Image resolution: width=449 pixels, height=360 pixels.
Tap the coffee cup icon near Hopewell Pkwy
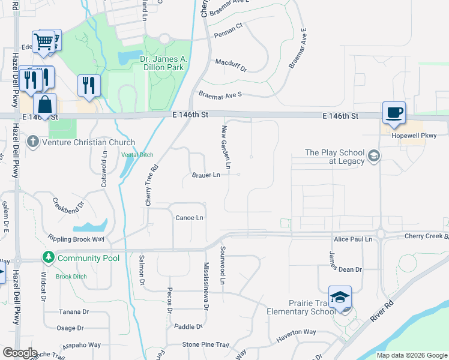[x=394, y=113]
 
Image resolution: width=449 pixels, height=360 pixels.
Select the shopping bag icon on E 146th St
[x=44, y=104]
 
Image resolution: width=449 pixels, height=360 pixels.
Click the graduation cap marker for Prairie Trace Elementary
[x=340, y=298]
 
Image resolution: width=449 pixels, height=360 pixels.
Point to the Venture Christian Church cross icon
[x=32, y=142]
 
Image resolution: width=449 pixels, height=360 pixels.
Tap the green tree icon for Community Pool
[x=48, y=258]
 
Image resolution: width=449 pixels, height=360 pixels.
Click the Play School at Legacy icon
[x=373, y=157]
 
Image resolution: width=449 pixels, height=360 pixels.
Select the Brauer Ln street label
[x=206, y=175]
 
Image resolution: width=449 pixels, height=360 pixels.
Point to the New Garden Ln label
[x=227, y=146]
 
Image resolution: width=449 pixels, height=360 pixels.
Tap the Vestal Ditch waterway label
[x=137, y=154]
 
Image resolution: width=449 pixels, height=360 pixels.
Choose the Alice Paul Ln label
[x=353, y=239]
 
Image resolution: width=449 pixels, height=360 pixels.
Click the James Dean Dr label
[x=345, y=269]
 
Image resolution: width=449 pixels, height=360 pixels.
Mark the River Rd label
[x=381, y=312]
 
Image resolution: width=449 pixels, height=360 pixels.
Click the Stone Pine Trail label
[x=206, y=345]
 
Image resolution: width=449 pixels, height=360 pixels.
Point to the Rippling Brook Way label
[x=76, y=239]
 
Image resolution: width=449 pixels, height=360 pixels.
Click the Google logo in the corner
[x=20, y=352]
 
